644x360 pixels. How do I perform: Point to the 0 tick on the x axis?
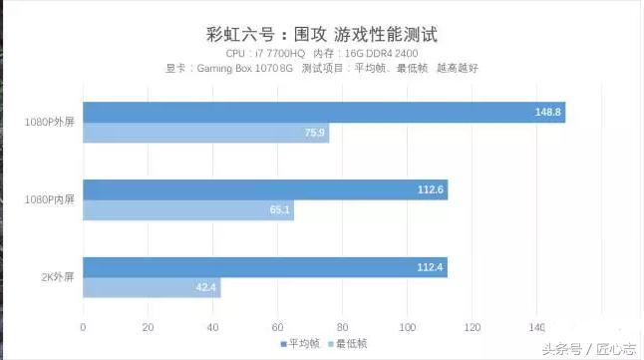click(x=83, y=327)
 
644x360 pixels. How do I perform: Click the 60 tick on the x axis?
click(x=277, y=327)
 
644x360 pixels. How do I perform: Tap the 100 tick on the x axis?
click(x=407, y=327)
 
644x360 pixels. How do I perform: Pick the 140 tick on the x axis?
click(x=536, y=327)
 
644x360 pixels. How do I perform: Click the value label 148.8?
click(x=547, y=112)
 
